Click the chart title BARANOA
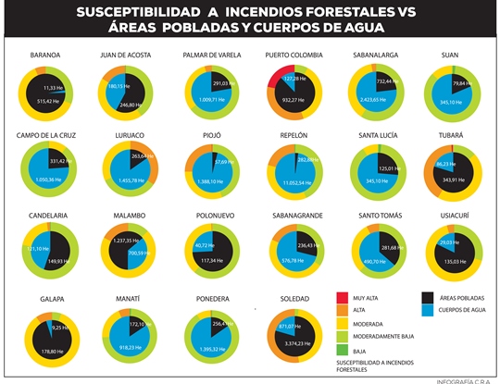pyautogui.click(x=44, y=55)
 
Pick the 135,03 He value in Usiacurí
pyautogui.click(x=452, y=261)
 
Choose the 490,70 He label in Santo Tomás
pyautogui.click(x=374, y=262)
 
